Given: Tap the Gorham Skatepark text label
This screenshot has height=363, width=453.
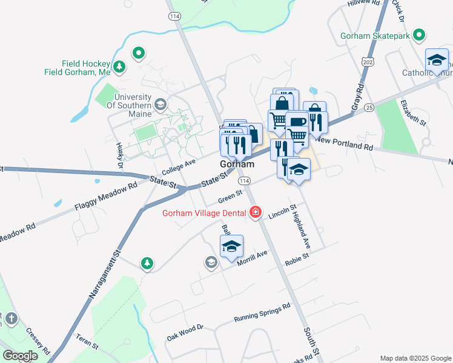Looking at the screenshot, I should tap(375, 36).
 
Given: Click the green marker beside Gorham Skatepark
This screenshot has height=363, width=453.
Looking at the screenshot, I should tap(417, 35).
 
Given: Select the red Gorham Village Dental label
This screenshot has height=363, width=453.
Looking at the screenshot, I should tap(203, 212).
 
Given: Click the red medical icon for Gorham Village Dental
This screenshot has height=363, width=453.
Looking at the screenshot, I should tap(256, 212).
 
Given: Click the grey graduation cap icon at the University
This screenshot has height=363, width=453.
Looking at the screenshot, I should tap(160, 103).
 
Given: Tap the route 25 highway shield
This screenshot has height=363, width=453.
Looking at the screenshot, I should tap(369, 106).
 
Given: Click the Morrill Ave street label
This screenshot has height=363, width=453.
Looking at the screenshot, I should tap(252, 258).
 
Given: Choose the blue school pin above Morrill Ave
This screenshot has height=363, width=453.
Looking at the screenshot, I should tap(231, 246).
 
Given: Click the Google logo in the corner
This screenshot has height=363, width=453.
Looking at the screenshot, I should tap(19, 356).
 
